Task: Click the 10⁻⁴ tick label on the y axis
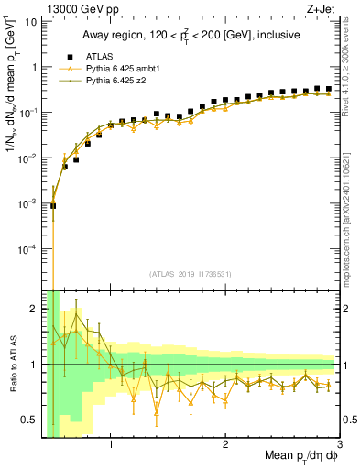point(27,248)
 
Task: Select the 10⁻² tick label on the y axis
point(27,158)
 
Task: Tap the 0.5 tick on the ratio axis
point(30,420)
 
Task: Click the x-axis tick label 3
point(339,446)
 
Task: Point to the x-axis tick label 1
point(111,446)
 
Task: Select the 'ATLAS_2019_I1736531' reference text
point(190,274)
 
